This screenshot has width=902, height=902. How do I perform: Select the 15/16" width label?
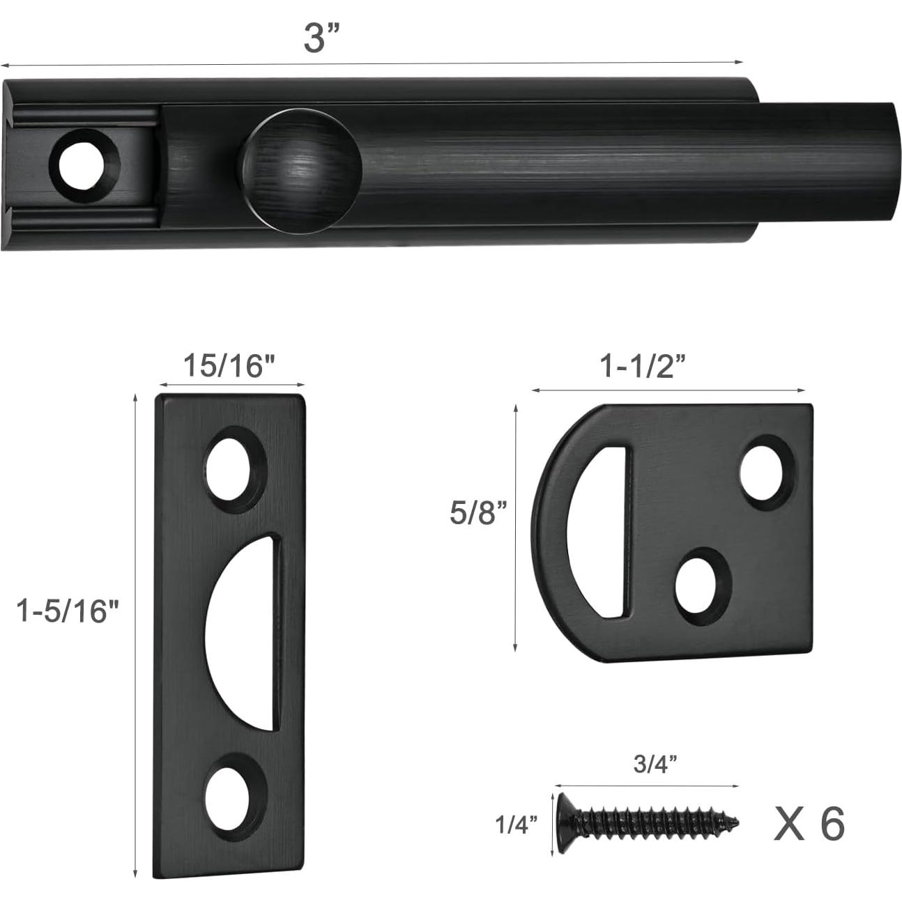click(x=230, y=365)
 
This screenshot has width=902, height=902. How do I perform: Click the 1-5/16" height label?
click(x=69, y=612)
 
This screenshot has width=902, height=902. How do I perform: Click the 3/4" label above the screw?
click(x=655, y=763)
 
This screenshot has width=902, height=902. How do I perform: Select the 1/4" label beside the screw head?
click(x=517, y=825)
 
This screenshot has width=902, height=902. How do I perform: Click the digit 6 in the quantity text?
click(x=832, y=823)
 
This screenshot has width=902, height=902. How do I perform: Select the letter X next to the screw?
click(x=788, y=824)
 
